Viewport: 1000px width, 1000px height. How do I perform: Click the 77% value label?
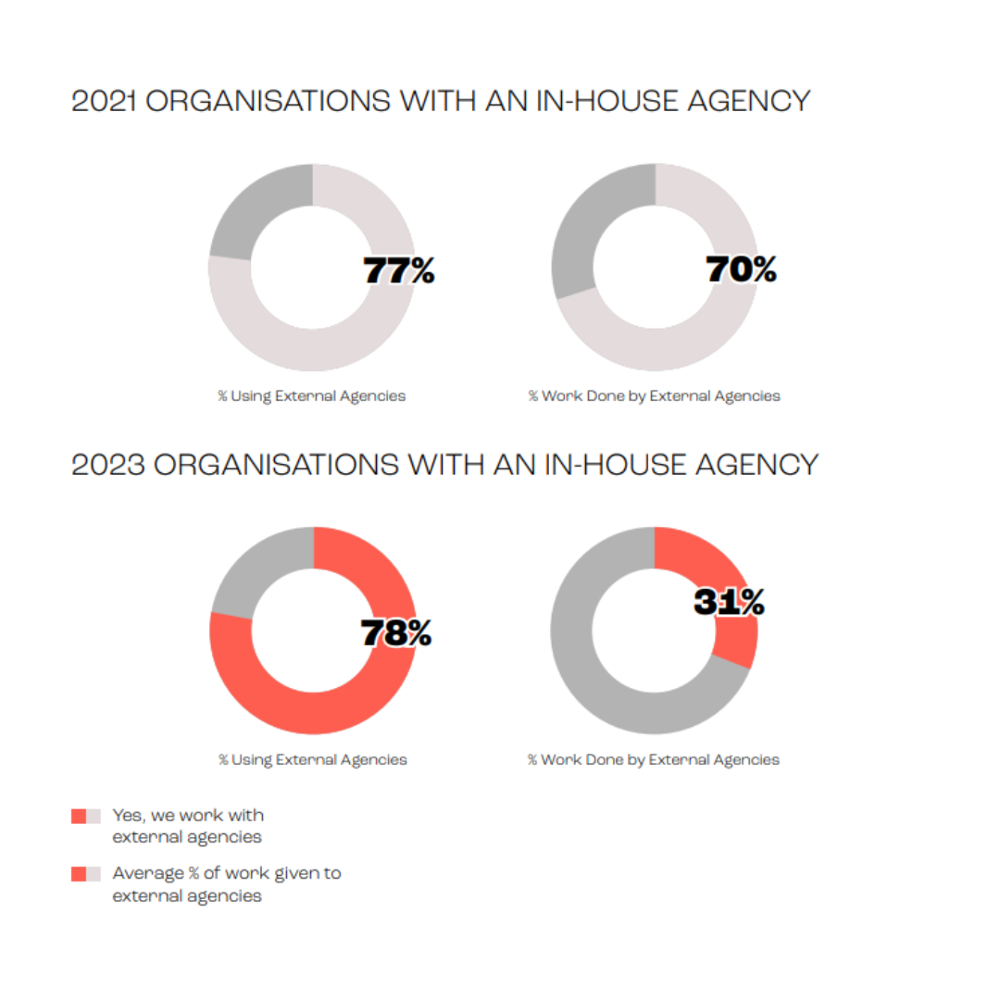(399, 270)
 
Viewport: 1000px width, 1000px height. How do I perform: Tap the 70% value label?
(741, 269)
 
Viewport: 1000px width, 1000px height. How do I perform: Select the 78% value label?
(396, 632)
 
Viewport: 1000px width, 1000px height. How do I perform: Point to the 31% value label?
(729, 602)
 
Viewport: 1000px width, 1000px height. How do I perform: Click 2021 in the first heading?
(104, 101)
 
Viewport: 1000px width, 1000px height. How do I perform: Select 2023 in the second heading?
(108, 464)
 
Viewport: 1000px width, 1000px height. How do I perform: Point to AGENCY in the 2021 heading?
(749, 101)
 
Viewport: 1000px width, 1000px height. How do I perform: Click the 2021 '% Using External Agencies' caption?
(312, 396)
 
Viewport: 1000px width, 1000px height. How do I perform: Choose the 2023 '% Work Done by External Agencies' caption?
(654, 759)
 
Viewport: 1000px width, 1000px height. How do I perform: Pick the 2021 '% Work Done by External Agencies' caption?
(655, 396)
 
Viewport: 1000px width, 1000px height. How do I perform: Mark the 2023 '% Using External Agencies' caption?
(313, 759)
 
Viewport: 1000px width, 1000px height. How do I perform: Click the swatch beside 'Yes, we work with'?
(86, 817)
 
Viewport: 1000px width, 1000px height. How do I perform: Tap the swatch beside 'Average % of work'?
(86, 874)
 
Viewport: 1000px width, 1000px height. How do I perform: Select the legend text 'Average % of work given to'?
(227, 873)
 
